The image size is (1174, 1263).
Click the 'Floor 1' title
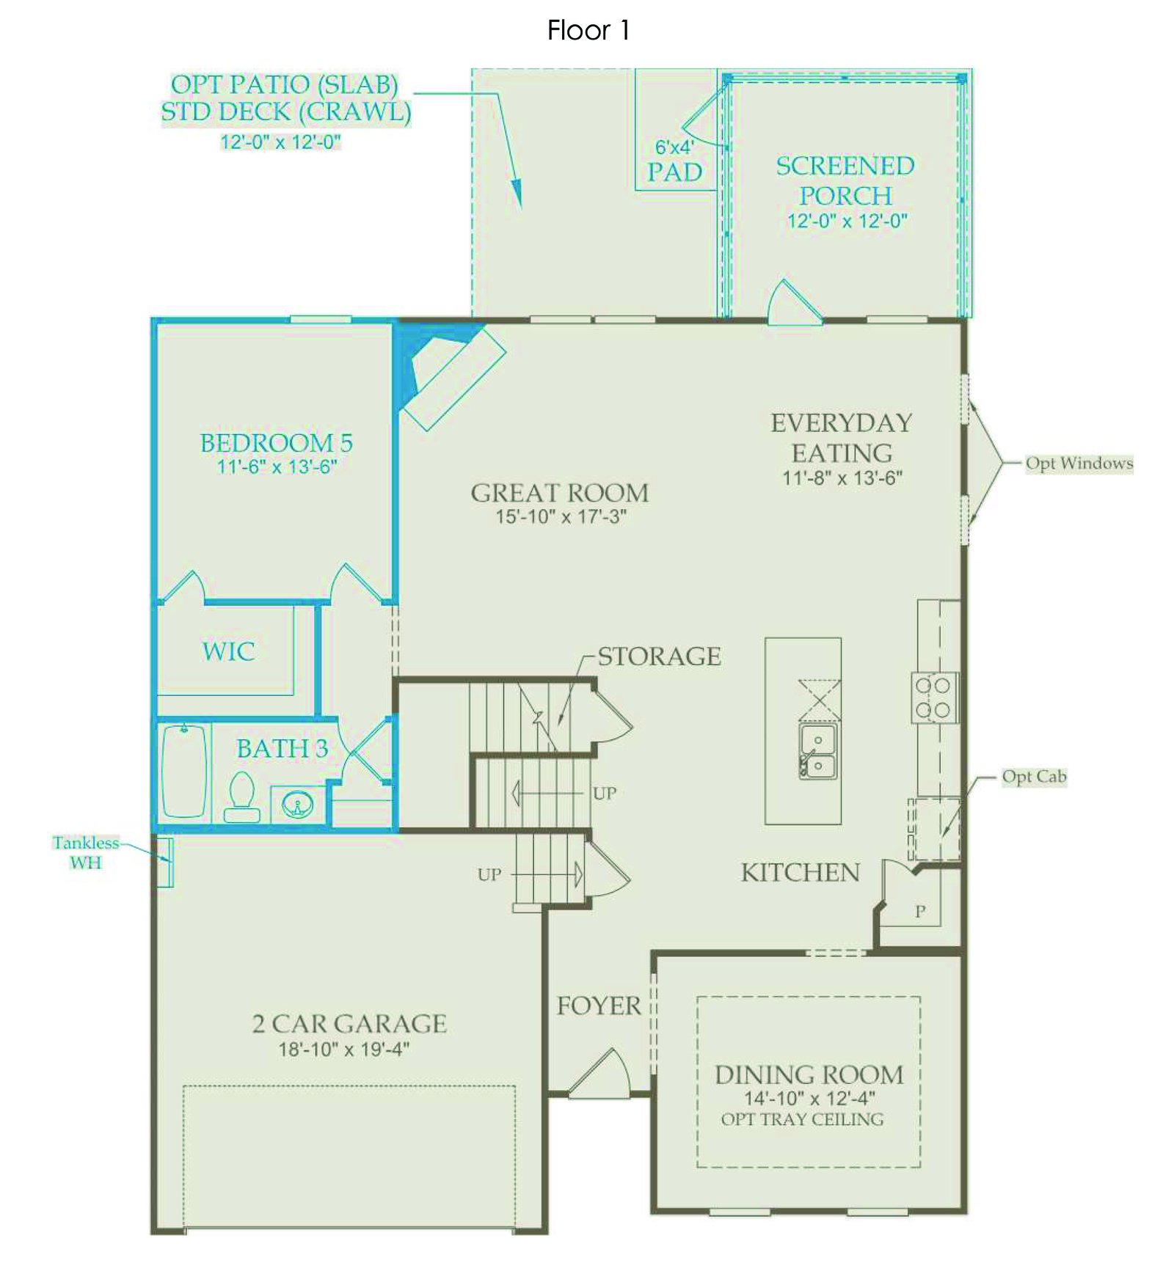tap(588, 30)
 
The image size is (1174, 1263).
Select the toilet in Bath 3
tap(242, 797)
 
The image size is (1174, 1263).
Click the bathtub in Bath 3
tap(183, 770)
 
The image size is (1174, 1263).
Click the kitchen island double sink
tap(818, 751)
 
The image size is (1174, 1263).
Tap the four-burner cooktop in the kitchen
tap(934, 698)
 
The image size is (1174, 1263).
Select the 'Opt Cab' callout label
tap(1035, 777)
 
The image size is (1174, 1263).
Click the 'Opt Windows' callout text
tap(1079, 463)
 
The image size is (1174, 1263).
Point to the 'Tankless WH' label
tap(85, 852)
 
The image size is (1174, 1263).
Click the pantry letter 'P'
tap(920, 912)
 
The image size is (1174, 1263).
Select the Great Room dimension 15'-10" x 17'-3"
tap(561, 516)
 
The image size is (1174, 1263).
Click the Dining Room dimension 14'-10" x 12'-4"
tap(809, 1098)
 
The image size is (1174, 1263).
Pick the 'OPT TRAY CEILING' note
tap(803, 1119)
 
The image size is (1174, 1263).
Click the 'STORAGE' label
tap(660, 656)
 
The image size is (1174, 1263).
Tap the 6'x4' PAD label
tap(675, 161)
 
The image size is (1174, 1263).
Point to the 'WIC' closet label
tap(229, 651)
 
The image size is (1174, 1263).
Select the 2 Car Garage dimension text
tap(344, 1050)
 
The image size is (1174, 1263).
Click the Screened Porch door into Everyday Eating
tap(794, 302)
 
